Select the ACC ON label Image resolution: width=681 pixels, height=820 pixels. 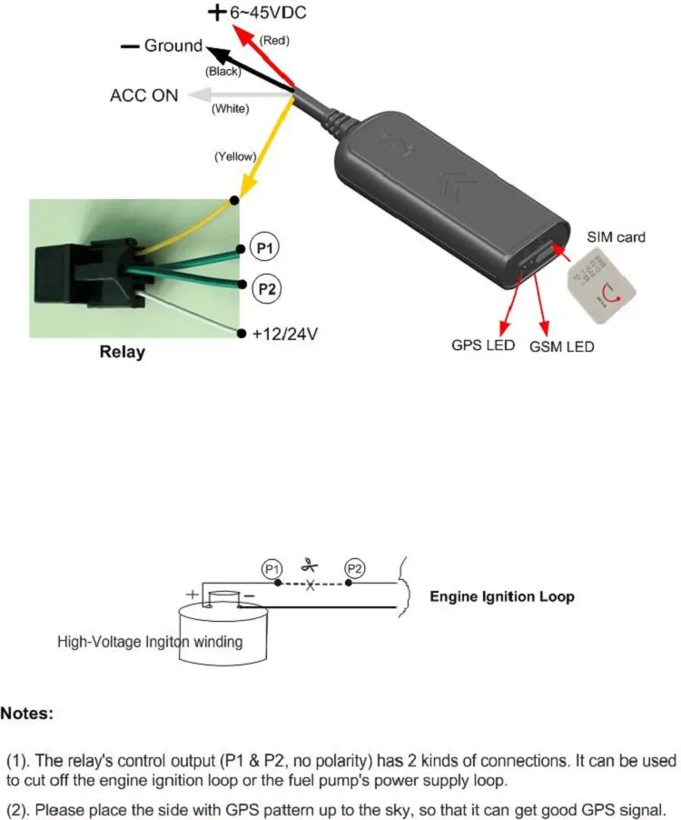144,95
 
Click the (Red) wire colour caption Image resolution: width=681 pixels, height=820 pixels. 275,41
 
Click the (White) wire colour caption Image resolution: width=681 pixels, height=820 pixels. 231,109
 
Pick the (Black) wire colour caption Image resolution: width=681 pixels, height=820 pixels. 222,71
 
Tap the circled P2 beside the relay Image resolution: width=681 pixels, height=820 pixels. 264,288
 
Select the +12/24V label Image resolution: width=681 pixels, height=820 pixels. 285,335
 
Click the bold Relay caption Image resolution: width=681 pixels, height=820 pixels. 122,352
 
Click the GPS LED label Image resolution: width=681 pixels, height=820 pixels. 483,345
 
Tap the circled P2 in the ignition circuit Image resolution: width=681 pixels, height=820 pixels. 355,569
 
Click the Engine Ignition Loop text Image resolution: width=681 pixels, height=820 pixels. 501,597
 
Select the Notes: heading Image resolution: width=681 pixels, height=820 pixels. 27,714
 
